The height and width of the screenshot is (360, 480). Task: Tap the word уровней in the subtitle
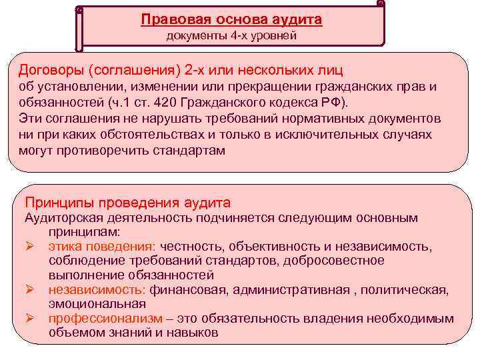[x=272, y=35]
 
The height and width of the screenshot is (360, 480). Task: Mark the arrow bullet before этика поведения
[x=30, y=247]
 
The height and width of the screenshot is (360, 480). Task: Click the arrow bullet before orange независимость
[x=30, y=289]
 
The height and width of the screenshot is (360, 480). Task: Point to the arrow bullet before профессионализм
[x=30, y=319]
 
